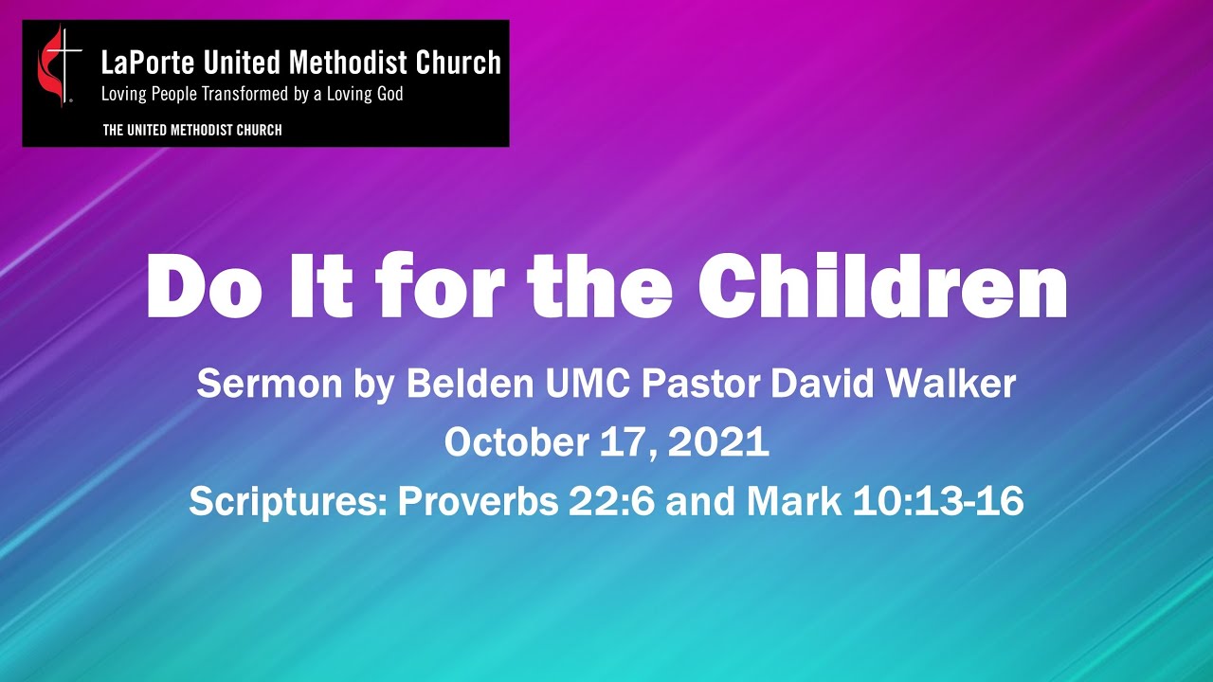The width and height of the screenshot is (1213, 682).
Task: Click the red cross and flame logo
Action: [57, 64]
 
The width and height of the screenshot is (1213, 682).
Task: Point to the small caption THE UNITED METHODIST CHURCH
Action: [192, 130]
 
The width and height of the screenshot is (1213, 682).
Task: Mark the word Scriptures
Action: [287, 501]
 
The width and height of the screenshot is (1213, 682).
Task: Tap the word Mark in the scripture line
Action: [794, 501]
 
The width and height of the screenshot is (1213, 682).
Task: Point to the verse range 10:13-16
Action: [937, 501]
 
